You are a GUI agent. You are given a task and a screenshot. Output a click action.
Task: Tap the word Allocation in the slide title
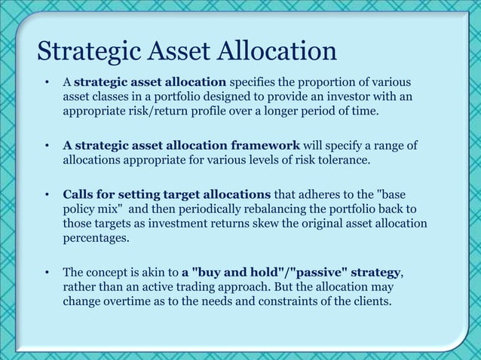point(276,52)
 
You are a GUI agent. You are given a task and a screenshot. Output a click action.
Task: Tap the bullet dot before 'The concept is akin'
point(47,271)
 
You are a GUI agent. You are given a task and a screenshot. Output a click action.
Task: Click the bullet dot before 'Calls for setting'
point(47,195)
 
